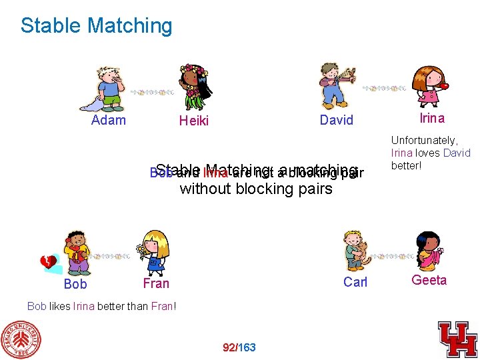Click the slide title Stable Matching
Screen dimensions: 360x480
point(96,26)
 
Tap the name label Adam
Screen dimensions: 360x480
point(108,120)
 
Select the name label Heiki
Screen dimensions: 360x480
point(193,121)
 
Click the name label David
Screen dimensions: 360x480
point(336,120)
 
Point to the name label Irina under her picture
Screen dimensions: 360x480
point(431,118)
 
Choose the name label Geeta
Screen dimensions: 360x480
point(429,280)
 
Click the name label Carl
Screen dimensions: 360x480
point(355,282)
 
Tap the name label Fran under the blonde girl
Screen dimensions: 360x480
point(156,283)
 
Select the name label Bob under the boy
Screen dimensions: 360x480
point(75,284)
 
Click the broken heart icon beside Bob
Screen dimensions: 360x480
point(49,263)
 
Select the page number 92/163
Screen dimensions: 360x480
point(239,347)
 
